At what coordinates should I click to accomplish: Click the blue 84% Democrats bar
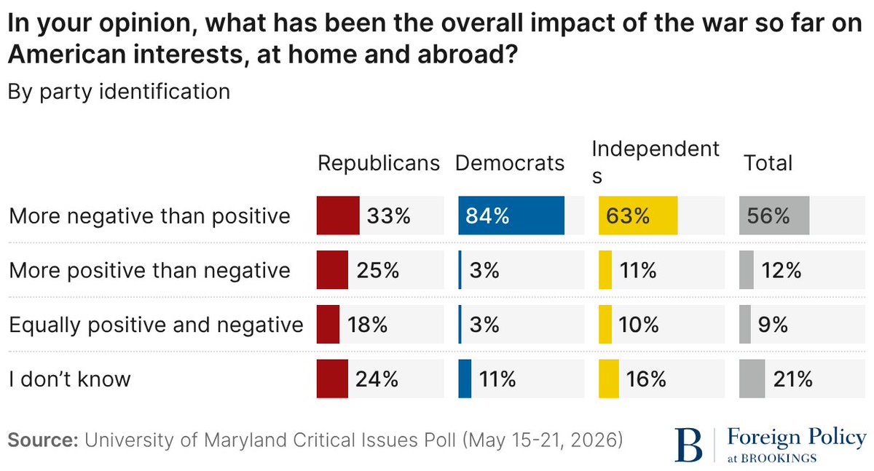(511, 215)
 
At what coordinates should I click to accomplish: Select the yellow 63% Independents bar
(638, 215)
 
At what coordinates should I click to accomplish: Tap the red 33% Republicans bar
(338, 215)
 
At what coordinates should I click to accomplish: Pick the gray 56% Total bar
(774, 215)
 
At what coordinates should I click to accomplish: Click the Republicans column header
(379, 163)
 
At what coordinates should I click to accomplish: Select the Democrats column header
(510, 163)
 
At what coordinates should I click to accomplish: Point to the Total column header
(768, 163)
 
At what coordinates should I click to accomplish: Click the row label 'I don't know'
(70, 379)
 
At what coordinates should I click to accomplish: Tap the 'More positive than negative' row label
(149, 271)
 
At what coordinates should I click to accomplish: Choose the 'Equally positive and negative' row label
(156, 325)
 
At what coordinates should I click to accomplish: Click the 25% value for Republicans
(378, 270)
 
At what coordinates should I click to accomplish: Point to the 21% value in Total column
(793, 379)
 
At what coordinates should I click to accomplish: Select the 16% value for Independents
(646, 379)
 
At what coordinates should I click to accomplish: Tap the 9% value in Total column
(773, 325)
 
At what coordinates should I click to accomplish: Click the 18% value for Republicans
(368, 325)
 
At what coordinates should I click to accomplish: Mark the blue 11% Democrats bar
(465, 379)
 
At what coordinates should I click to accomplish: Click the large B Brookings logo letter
(689, 445)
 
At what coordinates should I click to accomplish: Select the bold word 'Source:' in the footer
(43, 440)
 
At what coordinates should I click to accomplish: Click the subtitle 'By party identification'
(119, 92)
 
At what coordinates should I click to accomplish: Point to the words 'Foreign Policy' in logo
(797, 438)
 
